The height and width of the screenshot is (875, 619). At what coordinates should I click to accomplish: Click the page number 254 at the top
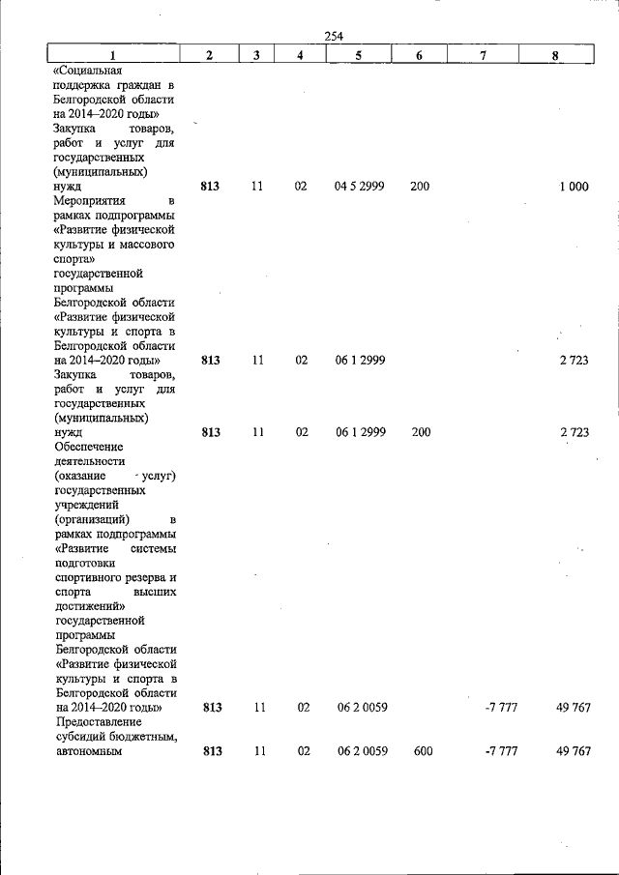334,37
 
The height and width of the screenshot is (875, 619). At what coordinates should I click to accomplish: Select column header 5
359,55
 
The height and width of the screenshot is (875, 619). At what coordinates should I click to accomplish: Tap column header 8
554,55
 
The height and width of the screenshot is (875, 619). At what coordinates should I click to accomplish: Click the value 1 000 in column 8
573,187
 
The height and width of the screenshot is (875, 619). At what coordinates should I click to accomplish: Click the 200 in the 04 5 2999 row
419,187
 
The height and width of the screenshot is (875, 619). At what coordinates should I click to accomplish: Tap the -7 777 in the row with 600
500,750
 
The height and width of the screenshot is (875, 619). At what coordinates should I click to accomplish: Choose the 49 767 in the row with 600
574,750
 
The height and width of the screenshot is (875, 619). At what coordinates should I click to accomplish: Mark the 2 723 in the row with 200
574,432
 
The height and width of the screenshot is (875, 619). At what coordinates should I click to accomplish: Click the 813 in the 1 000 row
210,187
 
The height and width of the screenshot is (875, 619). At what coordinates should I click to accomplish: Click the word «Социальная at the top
88,71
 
